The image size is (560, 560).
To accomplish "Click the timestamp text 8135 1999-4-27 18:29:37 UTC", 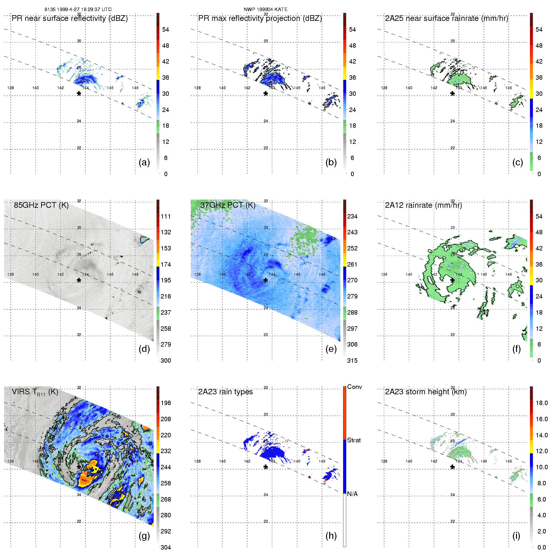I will click(x=78, y=9).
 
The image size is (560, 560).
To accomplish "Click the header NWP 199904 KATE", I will click(x=265, y=9).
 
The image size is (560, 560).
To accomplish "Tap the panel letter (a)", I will click(x=144, y=162).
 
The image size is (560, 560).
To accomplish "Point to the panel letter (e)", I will click(x=331, y=349).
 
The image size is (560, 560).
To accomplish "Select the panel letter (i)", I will click(x=516, y=536).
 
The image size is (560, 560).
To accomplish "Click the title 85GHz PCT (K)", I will click(x=41, y=205).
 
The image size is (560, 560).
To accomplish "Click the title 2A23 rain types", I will click(x=225, y=392).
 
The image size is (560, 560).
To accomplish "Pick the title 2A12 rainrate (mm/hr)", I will click(x=423, y=205).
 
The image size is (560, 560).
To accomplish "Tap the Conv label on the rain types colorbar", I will click(x=354, y=387).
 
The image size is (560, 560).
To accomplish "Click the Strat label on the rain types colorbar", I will click(x=354, y=440).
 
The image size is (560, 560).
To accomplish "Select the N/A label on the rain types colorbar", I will click(x=352, y=494).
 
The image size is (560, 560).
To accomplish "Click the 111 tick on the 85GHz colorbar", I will click(x=166, y=216).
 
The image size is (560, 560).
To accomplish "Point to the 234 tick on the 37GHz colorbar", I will click(x=352, y=216).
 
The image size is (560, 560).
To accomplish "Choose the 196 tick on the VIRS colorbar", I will click(x=166, y=403).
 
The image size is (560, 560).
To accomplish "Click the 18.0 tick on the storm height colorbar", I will click(x=542, y=403).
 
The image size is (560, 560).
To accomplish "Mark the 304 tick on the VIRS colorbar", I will click(x=166, y=547).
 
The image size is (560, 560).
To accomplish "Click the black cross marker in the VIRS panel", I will click(x=79, y=467).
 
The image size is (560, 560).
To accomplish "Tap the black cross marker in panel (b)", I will click(x=266, y=93).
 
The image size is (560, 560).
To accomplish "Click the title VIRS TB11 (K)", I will click(x=35, y=392).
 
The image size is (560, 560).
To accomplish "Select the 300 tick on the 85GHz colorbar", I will click(x=166, y=360).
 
